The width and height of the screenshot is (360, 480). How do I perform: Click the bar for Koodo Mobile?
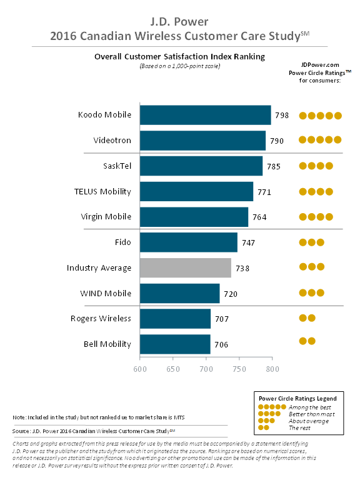tap(205, 115)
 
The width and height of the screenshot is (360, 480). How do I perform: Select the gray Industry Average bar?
tap(186, 267)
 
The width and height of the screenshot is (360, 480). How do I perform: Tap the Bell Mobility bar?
tap(175, 344)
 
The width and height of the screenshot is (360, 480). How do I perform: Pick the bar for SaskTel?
tap(201, 166)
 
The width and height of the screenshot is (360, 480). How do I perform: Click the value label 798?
tap(282, 116)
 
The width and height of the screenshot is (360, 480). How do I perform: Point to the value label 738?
tap(242, 268)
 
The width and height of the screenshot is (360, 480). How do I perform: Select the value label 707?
tap(221, 319)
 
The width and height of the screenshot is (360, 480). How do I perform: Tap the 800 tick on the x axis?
tap(272, 369)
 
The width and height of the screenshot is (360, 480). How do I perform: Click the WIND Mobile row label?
tap(106, 293)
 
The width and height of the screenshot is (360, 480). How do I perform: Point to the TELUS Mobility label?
tap(102, 191)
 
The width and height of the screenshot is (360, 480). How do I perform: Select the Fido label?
tap(122, 242)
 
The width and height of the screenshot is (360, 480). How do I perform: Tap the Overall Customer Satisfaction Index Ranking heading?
tap(179, 56)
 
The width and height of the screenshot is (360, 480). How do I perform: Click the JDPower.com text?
tap(319, 64)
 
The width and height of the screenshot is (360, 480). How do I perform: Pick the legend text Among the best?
tap(309, 407)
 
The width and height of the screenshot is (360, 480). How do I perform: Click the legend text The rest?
tap(299, 427)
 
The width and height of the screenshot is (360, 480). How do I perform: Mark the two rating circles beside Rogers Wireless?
tap(307, 318)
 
